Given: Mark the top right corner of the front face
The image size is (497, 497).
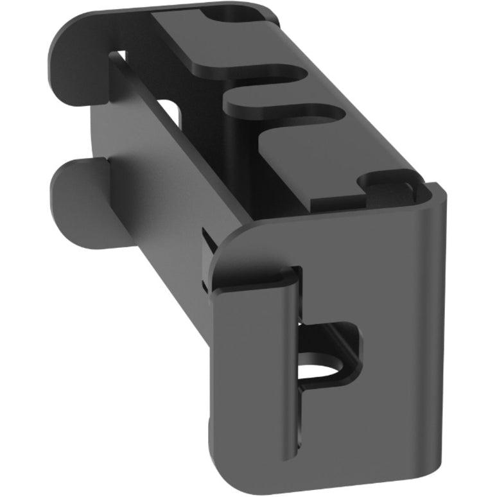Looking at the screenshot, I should pyautogui.click(x=437, y=193).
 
